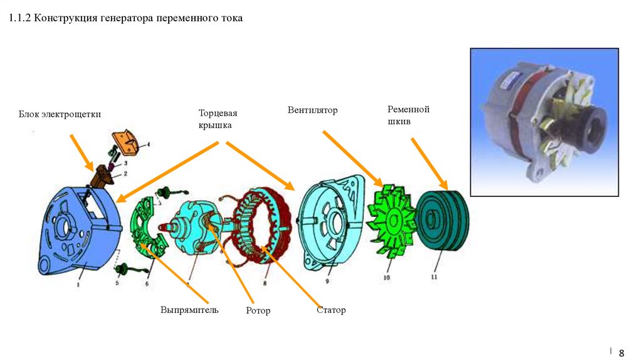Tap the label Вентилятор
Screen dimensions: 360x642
pyautogui.click(x=312, y=110)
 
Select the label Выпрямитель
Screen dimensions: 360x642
pyautogui.click(x=189, y=310)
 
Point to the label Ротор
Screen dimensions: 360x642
pyautogui.click(x=258, y=310)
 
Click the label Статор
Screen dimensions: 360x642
pyautogui.click(x=331, y=310)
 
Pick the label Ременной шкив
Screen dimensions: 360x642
pyautogui.click(x=408, y=115)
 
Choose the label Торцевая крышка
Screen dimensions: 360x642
pyautogui.click(x=215, y=119)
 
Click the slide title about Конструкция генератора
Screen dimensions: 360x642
pyautogui.click(x=125, y=19)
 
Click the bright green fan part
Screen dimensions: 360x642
pyautogui.click(x=392, y=220)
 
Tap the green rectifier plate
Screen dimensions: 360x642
pyautogui.click(x=145, y=229)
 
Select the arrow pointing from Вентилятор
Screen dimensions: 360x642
pyautogui.click(x=352, y=157)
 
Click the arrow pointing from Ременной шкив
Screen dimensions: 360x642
pyautogui.click(x=429, y=163)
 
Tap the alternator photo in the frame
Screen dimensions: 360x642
pyautogui.click(x=544, y=122)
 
